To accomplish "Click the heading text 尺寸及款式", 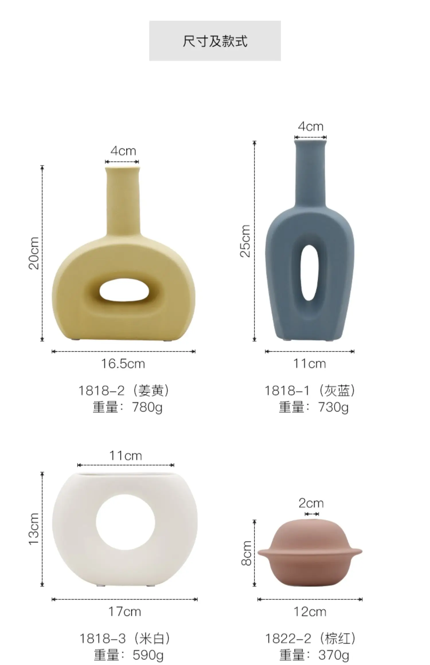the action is [x=215, y=41].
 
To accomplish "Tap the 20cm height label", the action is [x=34, y=253].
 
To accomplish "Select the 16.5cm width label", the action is [x=123, y=364].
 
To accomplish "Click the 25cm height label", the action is [x=245, y=241].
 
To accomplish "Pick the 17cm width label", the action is [x=125, y=612].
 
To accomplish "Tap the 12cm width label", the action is [x=310, y=612].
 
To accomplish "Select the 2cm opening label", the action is [x=311, y=503].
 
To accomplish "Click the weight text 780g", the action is [x=147, y=407].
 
